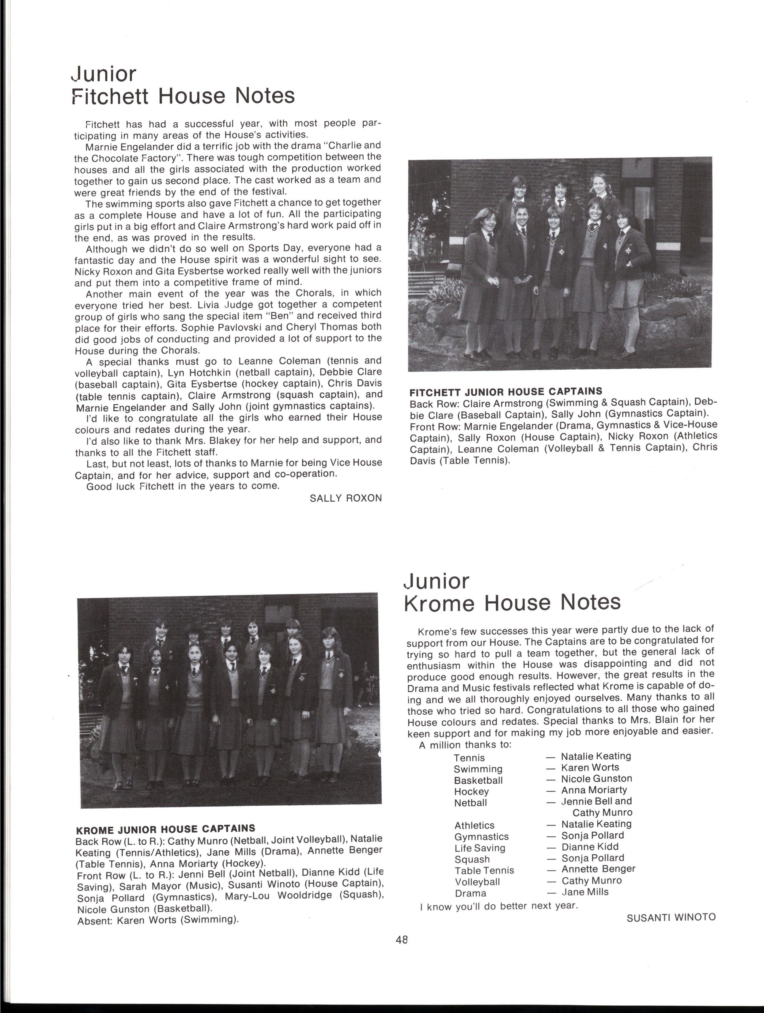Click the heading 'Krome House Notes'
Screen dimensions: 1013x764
point(512,602)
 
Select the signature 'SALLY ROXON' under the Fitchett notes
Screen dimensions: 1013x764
point(345,498)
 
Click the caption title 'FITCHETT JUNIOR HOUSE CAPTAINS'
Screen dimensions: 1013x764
point(506,392)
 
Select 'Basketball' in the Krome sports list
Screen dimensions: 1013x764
point(478,780)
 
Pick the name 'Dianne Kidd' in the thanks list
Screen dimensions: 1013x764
point(590,847)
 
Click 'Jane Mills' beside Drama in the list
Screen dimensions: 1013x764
point(585,892)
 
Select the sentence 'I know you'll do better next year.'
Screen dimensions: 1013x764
point(499,906)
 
